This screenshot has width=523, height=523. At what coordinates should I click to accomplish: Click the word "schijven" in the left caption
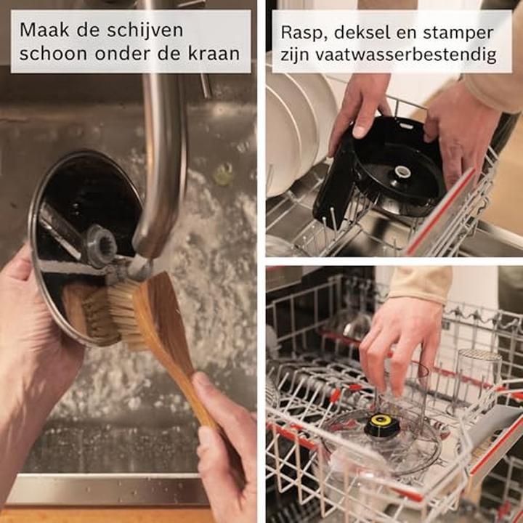point(145,31)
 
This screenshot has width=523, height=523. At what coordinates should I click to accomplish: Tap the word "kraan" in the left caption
point(214,54)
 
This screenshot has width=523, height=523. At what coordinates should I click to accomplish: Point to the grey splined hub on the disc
point(100,246)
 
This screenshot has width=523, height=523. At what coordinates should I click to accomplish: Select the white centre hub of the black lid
point(402,171)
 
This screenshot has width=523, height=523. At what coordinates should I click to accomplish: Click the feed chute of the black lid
point(335,180)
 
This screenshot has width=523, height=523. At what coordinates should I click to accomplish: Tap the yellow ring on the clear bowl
point(380,419)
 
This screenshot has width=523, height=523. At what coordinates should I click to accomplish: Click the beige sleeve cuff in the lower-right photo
point(420,283)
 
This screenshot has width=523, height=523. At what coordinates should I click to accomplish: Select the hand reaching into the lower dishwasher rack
point(400,344)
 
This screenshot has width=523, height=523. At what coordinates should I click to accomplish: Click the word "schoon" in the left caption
point(54,54)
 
